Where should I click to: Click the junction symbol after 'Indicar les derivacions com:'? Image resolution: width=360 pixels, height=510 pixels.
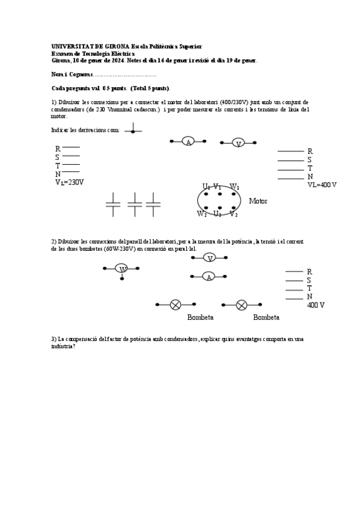tap(133, 129)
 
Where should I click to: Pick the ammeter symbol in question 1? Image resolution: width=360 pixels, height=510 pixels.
tap(188, 142)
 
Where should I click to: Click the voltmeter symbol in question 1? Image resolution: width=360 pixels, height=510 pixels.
tap(239, 143)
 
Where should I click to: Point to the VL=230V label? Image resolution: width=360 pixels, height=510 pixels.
tap(70, 182)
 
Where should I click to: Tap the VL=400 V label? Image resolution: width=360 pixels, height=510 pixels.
tap(322, 185)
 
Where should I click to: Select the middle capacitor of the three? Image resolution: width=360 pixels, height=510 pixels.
tap(135, 204)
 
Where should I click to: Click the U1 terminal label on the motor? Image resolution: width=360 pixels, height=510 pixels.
tap(206, 186)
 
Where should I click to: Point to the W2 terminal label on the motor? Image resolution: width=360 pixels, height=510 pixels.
tap(202, 214)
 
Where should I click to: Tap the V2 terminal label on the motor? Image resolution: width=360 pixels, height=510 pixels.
tap(233, 214)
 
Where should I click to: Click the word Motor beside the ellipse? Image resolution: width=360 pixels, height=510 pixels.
tap(258, 201)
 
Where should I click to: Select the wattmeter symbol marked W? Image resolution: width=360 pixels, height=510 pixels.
tap(122, 269)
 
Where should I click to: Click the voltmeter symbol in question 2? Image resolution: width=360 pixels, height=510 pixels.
tap(209, 258)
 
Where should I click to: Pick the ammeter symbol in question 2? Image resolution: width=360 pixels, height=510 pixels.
tap(208, 277)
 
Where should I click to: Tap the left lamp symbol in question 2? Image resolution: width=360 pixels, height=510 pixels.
tap(175, 305)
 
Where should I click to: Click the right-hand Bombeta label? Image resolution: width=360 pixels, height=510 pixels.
tap(266, 317)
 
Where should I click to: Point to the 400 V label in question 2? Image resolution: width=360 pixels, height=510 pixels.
tap(316, 306)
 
